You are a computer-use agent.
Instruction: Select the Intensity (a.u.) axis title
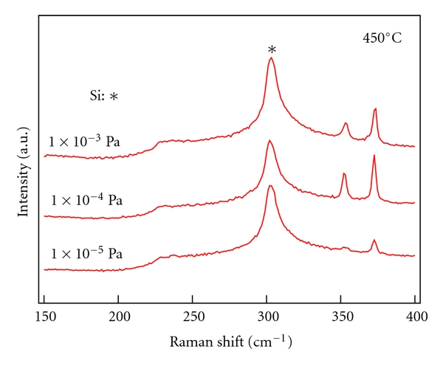pyautogui.click(x=23, y=171)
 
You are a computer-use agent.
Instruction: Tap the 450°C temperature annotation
pyautogui.click(x=382, y=37)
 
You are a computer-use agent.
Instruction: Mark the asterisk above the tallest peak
pyautogui.click(x=272, y=50)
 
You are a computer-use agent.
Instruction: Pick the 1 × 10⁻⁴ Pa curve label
pyautogui.click(x=86, y=200)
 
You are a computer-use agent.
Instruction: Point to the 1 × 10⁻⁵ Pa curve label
pyautogui.click(x=86, y=254)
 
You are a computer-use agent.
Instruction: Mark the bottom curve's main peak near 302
pyautogui.click(x=270, y=185)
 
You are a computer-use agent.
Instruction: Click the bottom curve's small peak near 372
pyautogui.click(x=374, y=240)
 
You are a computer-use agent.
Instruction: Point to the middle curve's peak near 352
pyautogui.click(x=344, y=173)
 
